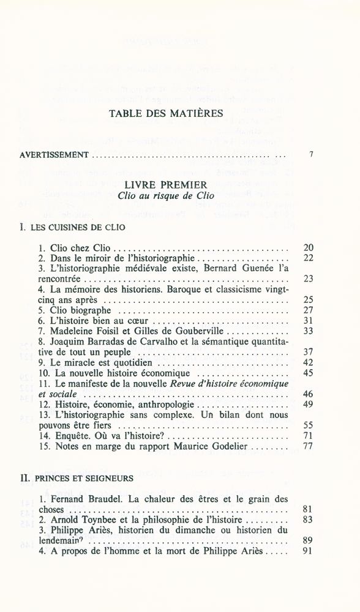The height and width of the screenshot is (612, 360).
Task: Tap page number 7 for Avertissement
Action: [311, 155]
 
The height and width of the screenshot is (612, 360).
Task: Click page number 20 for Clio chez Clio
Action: [308, 248]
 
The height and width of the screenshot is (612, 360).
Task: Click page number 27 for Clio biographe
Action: [308, 310]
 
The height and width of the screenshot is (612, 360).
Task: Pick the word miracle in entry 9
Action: [75, 362]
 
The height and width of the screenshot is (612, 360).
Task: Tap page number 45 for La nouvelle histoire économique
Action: [308, 373]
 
